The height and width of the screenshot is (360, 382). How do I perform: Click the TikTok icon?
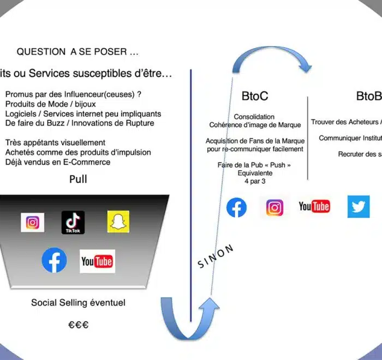pyautogui.click(x=73, y=223)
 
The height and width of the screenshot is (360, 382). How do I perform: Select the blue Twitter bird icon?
pyautogui.click(x=359, y=207)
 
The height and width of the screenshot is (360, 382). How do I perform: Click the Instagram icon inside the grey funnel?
pyautogui.click(x=33, y=223)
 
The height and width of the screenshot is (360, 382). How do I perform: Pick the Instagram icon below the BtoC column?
pyautogui.click(x=274, y=207)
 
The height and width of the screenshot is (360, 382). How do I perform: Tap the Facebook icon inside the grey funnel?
pyautogui.click(x=54, y=261)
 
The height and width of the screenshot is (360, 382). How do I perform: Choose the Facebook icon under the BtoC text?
pyautogui.click(x=236, y=207)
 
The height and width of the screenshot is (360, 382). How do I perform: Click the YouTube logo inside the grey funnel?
pyautogui.click(x=97, y=261)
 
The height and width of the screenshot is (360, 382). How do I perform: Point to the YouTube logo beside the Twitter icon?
pyautogui.click(x=314, y=206)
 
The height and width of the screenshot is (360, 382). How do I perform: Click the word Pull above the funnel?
pyautogui.click(x=78, y=179)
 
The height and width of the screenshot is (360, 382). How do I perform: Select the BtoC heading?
pyautogui.click(x=255, y=96)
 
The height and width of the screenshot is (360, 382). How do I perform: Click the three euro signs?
pyautogui.click(x=78, y=325)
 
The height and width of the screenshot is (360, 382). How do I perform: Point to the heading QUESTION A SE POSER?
pyautogui.click(x=77, y=52)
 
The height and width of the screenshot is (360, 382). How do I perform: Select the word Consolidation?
pyautogui.click(x=254, y=117)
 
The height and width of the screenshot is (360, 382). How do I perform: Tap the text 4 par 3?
pyautogui.click(x=254, y=181)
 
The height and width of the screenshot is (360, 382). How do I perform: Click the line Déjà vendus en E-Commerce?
pyautogui.click(x=58, y=162)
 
